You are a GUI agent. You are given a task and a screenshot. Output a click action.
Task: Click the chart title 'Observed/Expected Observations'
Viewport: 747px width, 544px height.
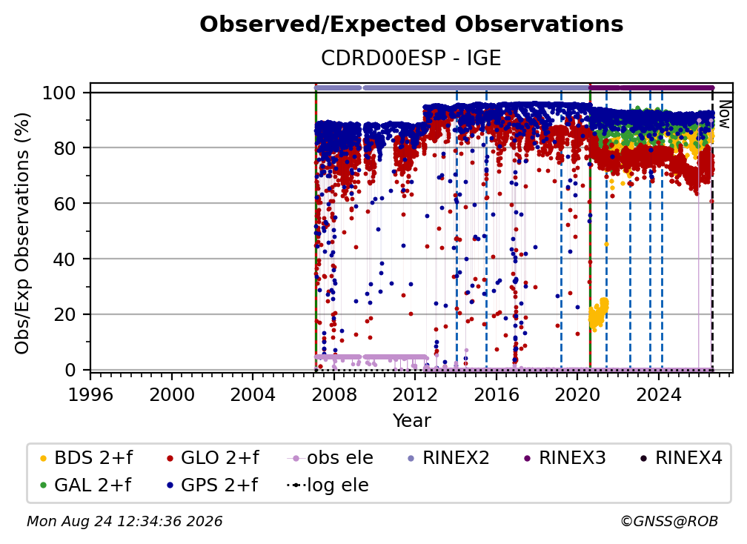pos(411,24)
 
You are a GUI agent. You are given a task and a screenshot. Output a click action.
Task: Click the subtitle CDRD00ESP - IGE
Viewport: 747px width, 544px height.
pos(411,58)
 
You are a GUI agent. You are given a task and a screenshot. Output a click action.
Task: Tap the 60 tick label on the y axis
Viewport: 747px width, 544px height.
pos(64,203)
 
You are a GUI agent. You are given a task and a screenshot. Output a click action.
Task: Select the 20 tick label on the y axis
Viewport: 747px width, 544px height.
pos(64,314)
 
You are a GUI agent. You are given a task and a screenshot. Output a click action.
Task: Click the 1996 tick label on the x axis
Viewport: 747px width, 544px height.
pos(90,394)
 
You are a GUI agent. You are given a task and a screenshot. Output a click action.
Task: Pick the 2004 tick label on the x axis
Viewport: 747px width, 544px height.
pos(253,394)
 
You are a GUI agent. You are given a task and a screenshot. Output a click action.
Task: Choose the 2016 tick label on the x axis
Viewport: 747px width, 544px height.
pos(496,394)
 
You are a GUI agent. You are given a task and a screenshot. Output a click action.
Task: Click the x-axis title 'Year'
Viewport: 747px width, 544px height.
pos(411,421)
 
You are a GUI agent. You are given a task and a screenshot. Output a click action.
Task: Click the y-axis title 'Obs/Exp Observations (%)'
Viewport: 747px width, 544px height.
pos(22,233)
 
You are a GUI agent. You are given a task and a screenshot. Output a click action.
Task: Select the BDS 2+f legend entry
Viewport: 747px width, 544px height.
pos(86,458)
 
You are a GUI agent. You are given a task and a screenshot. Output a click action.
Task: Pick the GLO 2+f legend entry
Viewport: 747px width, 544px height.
pos(213,458)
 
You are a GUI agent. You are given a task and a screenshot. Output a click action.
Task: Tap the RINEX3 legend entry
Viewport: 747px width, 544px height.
pos(565,458)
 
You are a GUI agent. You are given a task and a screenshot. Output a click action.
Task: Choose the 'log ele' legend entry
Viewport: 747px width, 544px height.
pos(328,485)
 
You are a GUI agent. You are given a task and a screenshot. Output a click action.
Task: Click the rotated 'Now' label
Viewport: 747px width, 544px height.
pos(723,114)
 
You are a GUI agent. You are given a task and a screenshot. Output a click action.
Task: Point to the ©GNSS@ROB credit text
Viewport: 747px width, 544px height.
pos(669,522)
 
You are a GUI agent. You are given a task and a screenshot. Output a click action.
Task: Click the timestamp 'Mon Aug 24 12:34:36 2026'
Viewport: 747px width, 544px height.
pos(124,522)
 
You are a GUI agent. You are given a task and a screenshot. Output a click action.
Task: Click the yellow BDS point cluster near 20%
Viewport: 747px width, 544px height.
pos(598,314)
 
